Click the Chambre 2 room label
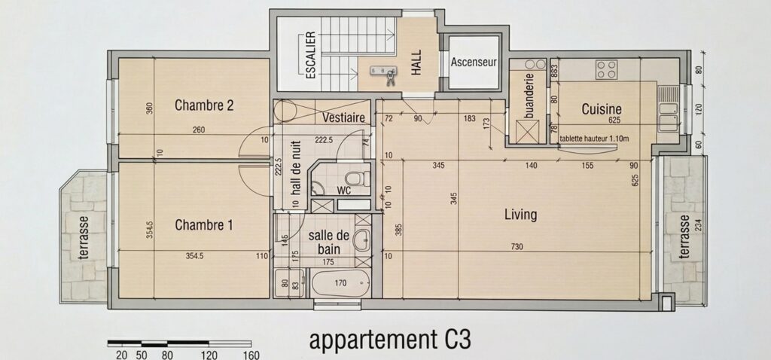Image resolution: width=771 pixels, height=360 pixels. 203,105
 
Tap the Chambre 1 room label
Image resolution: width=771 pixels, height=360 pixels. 203,225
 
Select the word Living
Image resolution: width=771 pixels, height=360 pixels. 521,215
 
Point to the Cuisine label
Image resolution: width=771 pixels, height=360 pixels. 602,109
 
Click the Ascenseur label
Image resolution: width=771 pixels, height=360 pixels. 474,63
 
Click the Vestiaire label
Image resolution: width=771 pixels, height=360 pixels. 343,118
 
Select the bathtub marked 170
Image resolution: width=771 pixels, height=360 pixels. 340,283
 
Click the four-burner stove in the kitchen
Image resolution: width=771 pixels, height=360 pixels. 606,69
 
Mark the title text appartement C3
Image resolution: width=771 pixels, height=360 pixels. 389,340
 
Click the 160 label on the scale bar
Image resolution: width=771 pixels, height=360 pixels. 251,355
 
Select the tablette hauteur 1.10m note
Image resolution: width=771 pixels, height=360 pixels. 594,139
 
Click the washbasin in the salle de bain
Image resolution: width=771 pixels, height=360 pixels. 362,240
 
